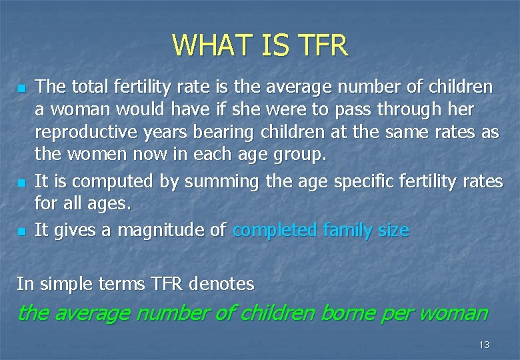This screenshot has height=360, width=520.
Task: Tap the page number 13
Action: (x=484, y=345)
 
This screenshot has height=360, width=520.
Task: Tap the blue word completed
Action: (x=275, y=230)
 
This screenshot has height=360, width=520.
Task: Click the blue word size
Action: (x=393, y=230)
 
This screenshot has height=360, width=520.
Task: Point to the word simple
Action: (x=67, y=284)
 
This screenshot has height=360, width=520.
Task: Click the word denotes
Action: (x=221, y=284)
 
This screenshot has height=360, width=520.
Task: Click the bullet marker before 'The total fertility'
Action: (x=22, y=88)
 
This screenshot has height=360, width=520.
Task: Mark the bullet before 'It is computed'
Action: (x=22, y=182)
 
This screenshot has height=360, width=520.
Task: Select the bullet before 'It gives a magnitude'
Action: (x=22, y=231)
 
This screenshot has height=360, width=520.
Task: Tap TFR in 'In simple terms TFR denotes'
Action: (x=165, y=284)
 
